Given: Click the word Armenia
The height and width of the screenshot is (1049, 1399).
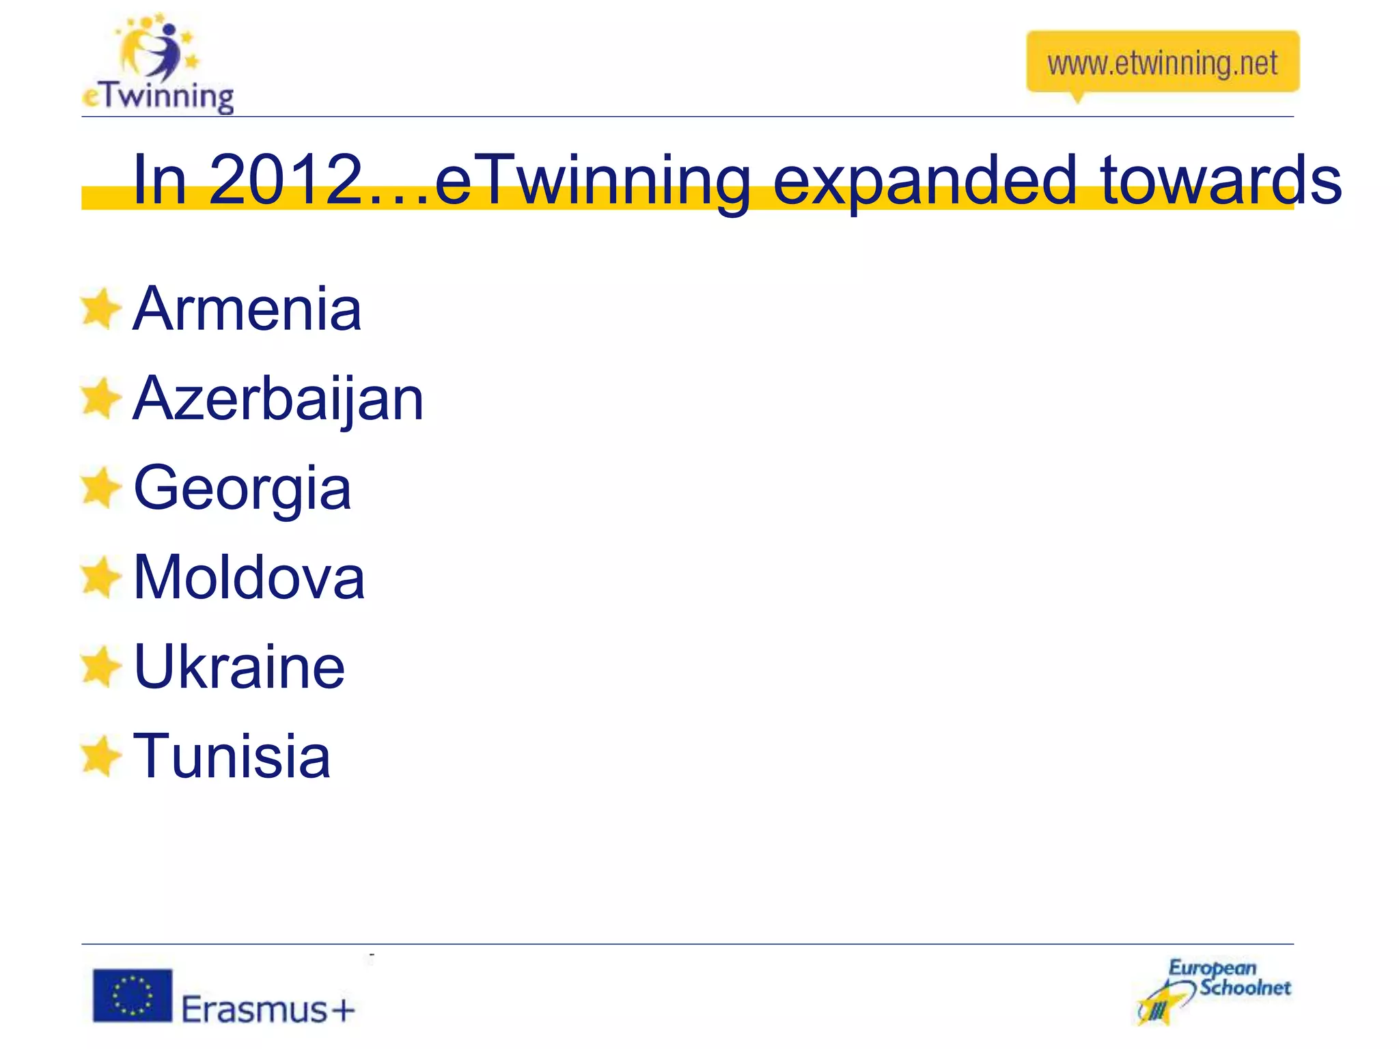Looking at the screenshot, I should (x=247, y=309).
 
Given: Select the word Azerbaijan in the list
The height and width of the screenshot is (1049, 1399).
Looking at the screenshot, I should (x=278, y=400).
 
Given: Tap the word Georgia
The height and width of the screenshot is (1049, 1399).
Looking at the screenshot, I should (x=243, y=489).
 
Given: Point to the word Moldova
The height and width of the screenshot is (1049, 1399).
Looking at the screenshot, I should (x=249, y=578).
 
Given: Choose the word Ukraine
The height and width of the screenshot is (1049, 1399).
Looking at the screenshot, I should (x=239, y=667).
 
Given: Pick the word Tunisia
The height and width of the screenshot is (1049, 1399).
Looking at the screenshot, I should (x=232, y=756).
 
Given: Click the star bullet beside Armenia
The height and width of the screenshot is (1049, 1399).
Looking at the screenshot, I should (x=100, y=309).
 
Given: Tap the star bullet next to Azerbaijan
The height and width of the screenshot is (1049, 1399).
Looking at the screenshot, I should (x=100, y=398).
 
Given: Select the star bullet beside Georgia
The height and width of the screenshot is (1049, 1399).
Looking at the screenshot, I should (x=100, y=488).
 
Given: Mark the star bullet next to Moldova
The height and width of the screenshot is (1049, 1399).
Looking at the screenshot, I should (x=100, y=577).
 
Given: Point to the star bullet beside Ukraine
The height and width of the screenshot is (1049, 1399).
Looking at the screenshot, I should (x=100, y=667).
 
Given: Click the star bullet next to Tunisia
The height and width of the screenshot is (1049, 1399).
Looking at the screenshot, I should (x=100, y=756).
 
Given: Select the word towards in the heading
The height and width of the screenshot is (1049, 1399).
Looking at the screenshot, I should (x=1220, y=180).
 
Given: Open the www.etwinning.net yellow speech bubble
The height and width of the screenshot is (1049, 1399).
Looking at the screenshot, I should (x=1162, y=63).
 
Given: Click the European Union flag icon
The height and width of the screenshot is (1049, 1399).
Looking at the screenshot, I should (x=133, y=996).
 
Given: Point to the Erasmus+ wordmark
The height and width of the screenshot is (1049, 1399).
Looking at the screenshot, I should (x=268, y=1009).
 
